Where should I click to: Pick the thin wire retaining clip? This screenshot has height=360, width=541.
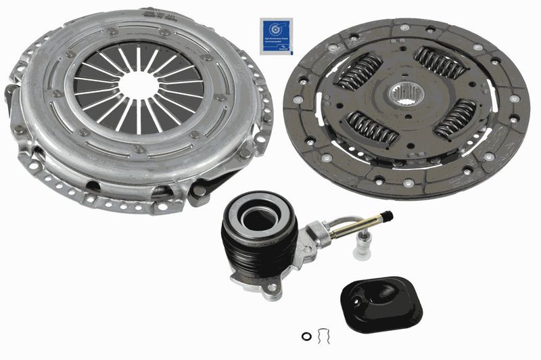click(x=324, y=334)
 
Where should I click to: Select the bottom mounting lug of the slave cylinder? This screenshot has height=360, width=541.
click(x=271, y=290)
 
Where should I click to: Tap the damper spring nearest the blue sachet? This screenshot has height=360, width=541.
click(x=359, y=73)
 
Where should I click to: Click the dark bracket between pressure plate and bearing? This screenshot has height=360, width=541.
click(x=203, y=192)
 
